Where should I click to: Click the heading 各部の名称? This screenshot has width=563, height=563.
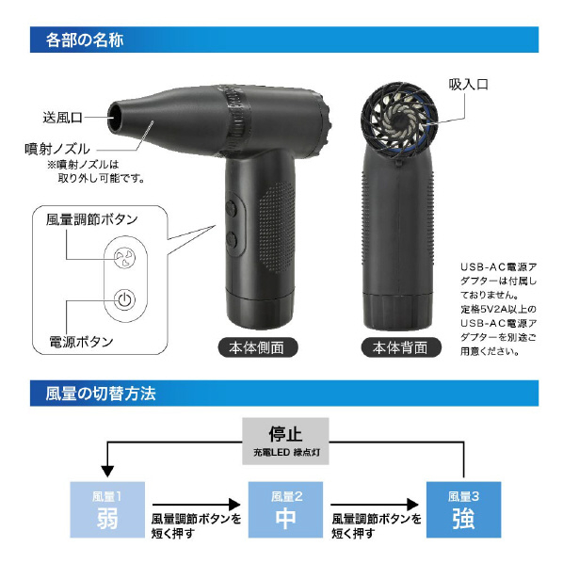pos(85,40)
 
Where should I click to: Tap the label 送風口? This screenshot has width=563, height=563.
pos(62,118)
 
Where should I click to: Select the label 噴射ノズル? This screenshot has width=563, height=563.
pos(57,149)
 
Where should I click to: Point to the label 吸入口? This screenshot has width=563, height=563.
pos(468,85)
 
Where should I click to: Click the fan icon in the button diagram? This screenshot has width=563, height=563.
pos(124,257)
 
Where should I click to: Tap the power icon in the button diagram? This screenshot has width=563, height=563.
pos(124,299)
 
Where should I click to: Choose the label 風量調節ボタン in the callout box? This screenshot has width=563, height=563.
pos(92,219)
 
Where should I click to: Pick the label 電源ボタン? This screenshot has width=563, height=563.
pos(81,342)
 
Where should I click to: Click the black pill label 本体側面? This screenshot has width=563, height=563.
pos(258,347)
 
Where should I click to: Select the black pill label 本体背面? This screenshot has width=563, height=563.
pos(401,347)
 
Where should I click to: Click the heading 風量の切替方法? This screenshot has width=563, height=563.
pos(101,394)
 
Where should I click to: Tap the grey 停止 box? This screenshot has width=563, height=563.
pos(285,442)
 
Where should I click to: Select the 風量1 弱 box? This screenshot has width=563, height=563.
pos(107,510)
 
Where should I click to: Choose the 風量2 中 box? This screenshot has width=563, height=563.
pos(285,510)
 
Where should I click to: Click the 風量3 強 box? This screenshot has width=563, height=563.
pos(463,510)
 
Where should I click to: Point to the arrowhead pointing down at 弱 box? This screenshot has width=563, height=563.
pos(107,471)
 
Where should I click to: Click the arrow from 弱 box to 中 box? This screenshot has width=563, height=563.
pos(196,505)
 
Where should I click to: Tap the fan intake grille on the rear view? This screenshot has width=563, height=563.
pos(399,121)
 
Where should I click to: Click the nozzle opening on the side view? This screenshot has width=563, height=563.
pos(116,117)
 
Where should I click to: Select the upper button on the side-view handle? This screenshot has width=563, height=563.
pos(231,208)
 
